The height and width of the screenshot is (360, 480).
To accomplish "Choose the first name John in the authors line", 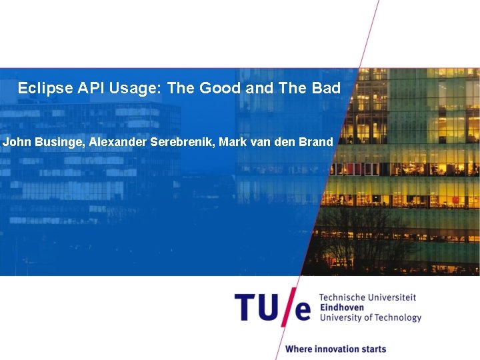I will pyautogui.click(x=16, y=141).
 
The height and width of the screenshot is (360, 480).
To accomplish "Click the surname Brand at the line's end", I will pyautogui.click(x=317, y=141).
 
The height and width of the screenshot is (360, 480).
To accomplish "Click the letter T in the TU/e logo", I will pyautogui.click(x=245, y=307).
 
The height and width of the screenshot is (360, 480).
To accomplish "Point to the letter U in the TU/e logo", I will pyautogui.click(x=269, y=307).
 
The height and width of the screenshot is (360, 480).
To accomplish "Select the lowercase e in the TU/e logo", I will pyautogui.click(x=303, y=310).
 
